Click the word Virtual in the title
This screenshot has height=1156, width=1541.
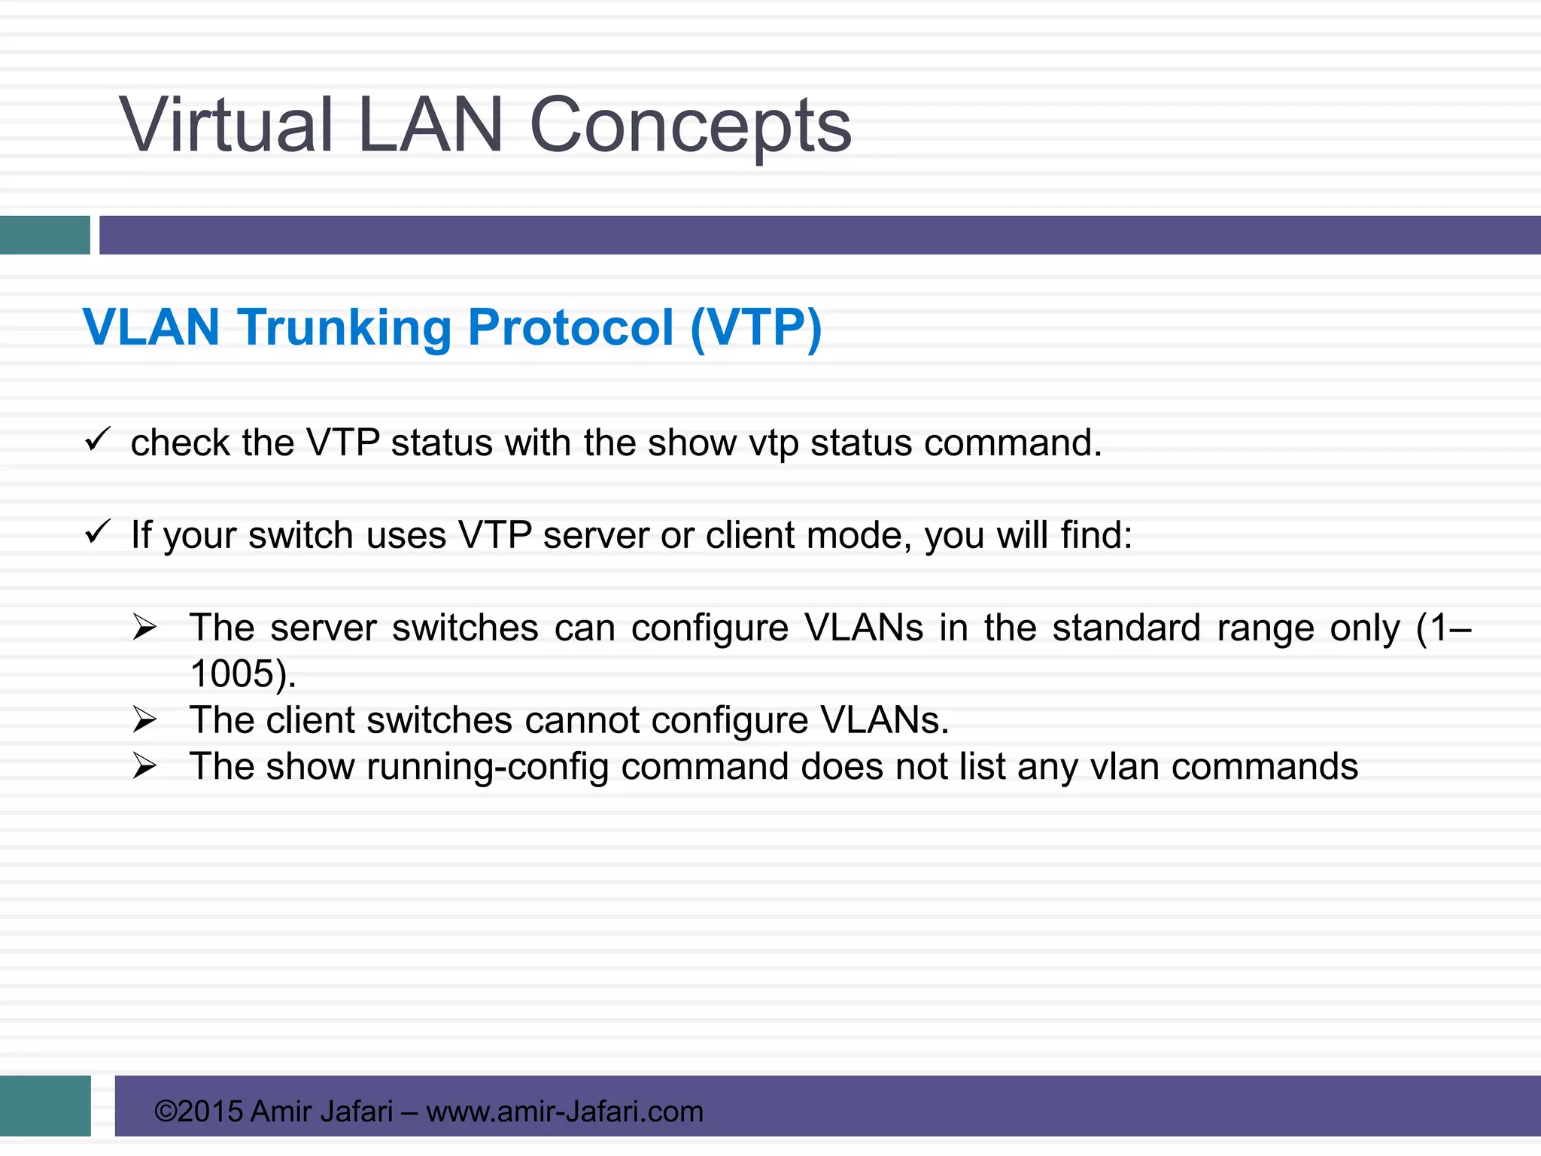pyautogui.click(x=226, y=125)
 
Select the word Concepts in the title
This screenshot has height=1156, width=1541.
pyautogui.click(x=690, y=126)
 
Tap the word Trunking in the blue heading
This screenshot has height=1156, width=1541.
pyautogui.click(x=344, y=328)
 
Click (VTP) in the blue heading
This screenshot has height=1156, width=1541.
pyautogui.click(x=755, y=328)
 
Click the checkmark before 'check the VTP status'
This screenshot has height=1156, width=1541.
pyautogui.click(x=98, y=440)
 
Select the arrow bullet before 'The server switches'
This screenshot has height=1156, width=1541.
pyautogui.click(x=144, y=626)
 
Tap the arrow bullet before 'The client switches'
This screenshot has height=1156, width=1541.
pyautogui.click(x=144, y=719)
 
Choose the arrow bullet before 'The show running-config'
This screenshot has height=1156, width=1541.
pyautogui.click(x=144, y=766)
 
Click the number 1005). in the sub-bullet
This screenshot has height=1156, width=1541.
pyautogui.click(x=243, y=674)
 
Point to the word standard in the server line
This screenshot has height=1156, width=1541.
pyautogui.click(x=1126, y=628)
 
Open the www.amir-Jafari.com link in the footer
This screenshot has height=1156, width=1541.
pyautogui.click(x=564, y=1111)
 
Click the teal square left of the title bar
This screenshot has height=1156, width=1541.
pyautogui.click(x=44, y=235)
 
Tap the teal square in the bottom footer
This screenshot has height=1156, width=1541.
pyautogui.click(x=45, y=1105)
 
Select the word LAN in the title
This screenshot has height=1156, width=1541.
pyautogui.click(x=430, y=125)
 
